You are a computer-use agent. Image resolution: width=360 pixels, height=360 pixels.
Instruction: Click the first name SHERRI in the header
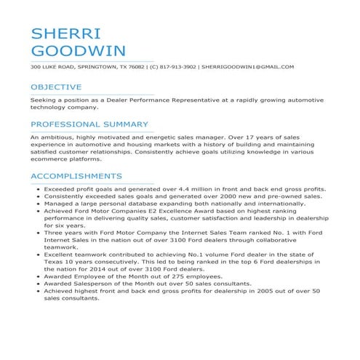(x=65, y=34)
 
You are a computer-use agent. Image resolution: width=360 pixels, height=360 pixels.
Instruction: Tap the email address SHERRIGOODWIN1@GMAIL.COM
(x=248, y=67)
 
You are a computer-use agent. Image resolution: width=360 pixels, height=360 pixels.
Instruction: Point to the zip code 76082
(x=135, y=67)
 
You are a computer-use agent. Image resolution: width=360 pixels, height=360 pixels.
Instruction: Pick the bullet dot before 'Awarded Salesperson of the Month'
(x=37, y=284)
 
